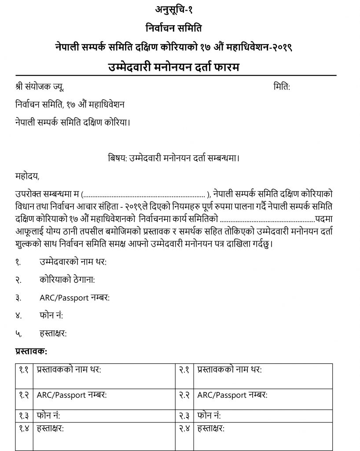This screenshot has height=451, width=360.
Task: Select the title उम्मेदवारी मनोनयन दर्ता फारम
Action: pos(180,68)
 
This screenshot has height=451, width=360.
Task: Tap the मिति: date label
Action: pos(282,87)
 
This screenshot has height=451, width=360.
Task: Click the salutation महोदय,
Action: pos(27,177)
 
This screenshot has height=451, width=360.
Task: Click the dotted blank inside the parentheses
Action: pos(143,194)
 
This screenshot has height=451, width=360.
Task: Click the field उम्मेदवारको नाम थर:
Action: pos(73,262)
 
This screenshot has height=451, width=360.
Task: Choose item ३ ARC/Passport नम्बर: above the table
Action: pos(74,298)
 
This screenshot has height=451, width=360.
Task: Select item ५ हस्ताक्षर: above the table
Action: pos(53,333)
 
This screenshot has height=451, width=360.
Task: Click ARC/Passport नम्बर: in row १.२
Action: pos(72,395)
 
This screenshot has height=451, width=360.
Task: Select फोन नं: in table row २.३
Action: pos(209,415)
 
